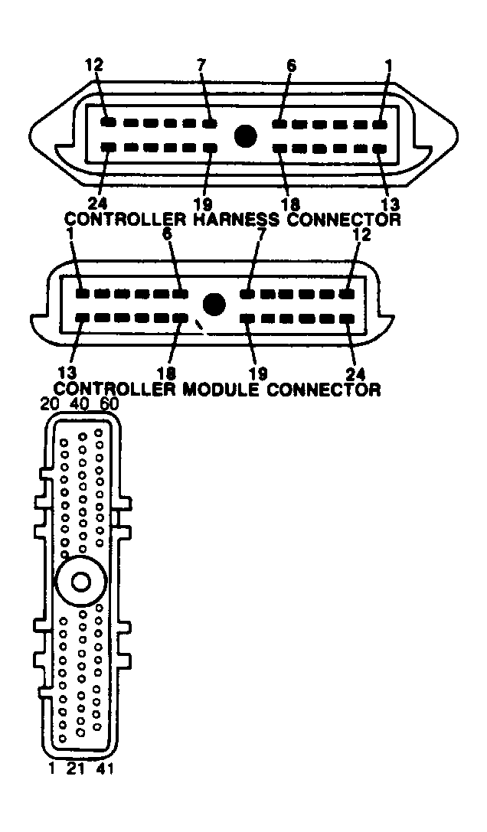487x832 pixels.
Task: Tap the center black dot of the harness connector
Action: (x=245, y=136)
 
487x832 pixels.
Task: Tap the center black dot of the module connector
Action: (x=214, y=305)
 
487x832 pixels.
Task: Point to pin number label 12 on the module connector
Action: (x=361, y=235)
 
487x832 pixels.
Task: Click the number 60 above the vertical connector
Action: (x=109, y=404)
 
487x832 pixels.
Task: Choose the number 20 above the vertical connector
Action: (x=49, y=404)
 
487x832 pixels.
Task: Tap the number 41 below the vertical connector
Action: (x=105, y=768)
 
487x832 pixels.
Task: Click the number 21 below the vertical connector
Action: (x=75, y=768)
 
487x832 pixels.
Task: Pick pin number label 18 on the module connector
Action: (x=166, y=374)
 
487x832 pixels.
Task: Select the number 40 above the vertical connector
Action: (x=80, y=404)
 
